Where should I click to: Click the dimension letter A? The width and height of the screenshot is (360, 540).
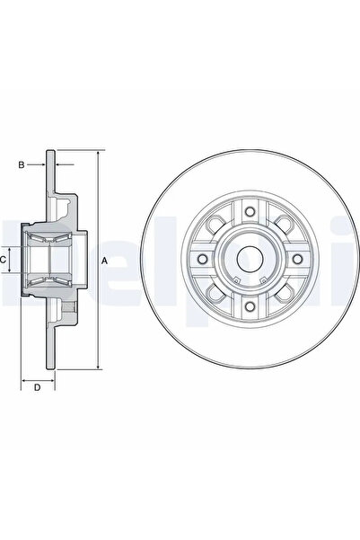click(x=105, y=261)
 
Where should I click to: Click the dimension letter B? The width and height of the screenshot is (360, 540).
click(x=22, y=165)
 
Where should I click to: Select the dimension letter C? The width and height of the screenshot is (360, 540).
click(x=4, y=260)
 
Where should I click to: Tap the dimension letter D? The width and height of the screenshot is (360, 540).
click(x=37, y=388)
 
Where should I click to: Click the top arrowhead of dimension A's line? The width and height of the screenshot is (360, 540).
click(x=97, y=154)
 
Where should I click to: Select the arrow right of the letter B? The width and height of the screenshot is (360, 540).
click(x=40, y=165)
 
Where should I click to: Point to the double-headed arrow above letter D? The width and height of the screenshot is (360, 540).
click(x=37, y=376)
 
